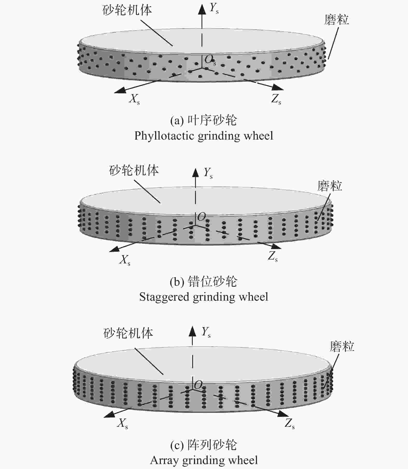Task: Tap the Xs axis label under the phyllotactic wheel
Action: pyautogui.click(x=134, y=99)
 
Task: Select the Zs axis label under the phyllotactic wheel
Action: pyautogui.click(x=276, y=99)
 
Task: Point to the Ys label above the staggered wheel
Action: pyautogui.click(x=208, y=173)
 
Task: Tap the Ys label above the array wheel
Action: pyautogui.click(x=206, y=332)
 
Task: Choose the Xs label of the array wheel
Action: pyautogui.click(x=123, y=424)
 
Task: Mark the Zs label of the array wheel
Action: pyautogui.click(x=290, y=424)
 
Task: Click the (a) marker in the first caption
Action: pyautogui.click(x=177, y=121)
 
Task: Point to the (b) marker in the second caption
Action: pyautogui.click(x=177, y=282)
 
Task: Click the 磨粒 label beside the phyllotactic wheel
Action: pyautogui.click(x=337, y=20)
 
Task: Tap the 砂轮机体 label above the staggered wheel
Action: pyautogui.click(x=134, y=171)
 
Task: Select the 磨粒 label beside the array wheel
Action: pyautogui.click(x=342, y=347)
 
